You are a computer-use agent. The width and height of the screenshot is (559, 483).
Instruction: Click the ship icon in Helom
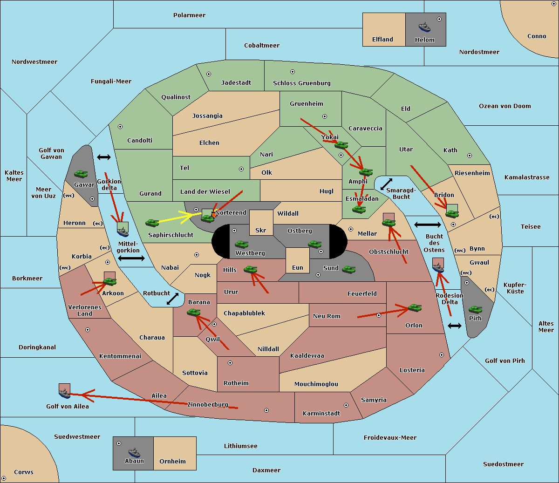[x=424, y=27]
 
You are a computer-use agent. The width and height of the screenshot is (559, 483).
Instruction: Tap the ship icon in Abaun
[x=135, y=452]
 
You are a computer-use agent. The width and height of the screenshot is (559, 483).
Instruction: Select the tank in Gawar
[x=81, y=174]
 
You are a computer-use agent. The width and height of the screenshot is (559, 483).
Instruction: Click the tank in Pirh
[x=475, y=309]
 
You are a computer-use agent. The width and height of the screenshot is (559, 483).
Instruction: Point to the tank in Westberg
[x=241, y=244]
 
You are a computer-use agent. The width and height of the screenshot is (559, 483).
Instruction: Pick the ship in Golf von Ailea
[x=65, y=393]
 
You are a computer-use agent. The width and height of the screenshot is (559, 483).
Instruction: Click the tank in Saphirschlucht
[x=152, y=223]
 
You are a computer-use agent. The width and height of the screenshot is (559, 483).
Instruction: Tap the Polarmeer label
[x=189, y=15]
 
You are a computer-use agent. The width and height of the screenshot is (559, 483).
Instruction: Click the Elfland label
[x=382, y=40]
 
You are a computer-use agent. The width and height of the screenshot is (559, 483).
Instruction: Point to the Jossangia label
[x=207, y=116]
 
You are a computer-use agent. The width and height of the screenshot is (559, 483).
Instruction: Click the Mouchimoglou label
[x=316, y=384]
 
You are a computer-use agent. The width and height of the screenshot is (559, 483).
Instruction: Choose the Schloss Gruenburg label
[x=302, y=83]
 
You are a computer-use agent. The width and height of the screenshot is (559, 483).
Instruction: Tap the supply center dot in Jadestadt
[x=209, y=74]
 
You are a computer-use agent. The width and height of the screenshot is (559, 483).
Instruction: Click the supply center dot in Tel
[x=241, y=169]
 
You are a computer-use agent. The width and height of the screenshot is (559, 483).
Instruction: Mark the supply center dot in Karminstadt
[x=346, y=405]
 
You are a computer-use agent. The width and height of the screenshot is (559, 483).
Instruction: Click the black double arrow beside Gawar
[x=104, y=157]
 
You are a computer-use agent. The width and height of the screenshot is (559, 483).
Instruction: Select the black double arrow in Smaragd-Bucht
[x=386, y=184]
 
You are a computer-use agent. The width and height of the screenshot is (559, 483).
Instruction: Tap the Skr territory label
[x=261, y=230]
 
